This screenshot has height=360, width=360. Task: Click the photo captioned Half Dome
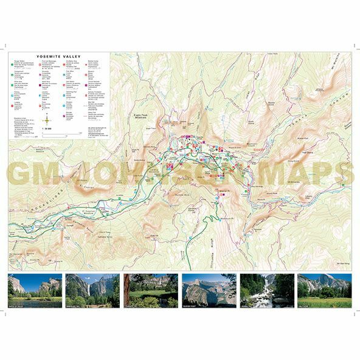click(324, 291)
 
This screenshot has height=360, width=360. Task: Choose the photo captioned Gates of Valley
click(35, 291)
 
